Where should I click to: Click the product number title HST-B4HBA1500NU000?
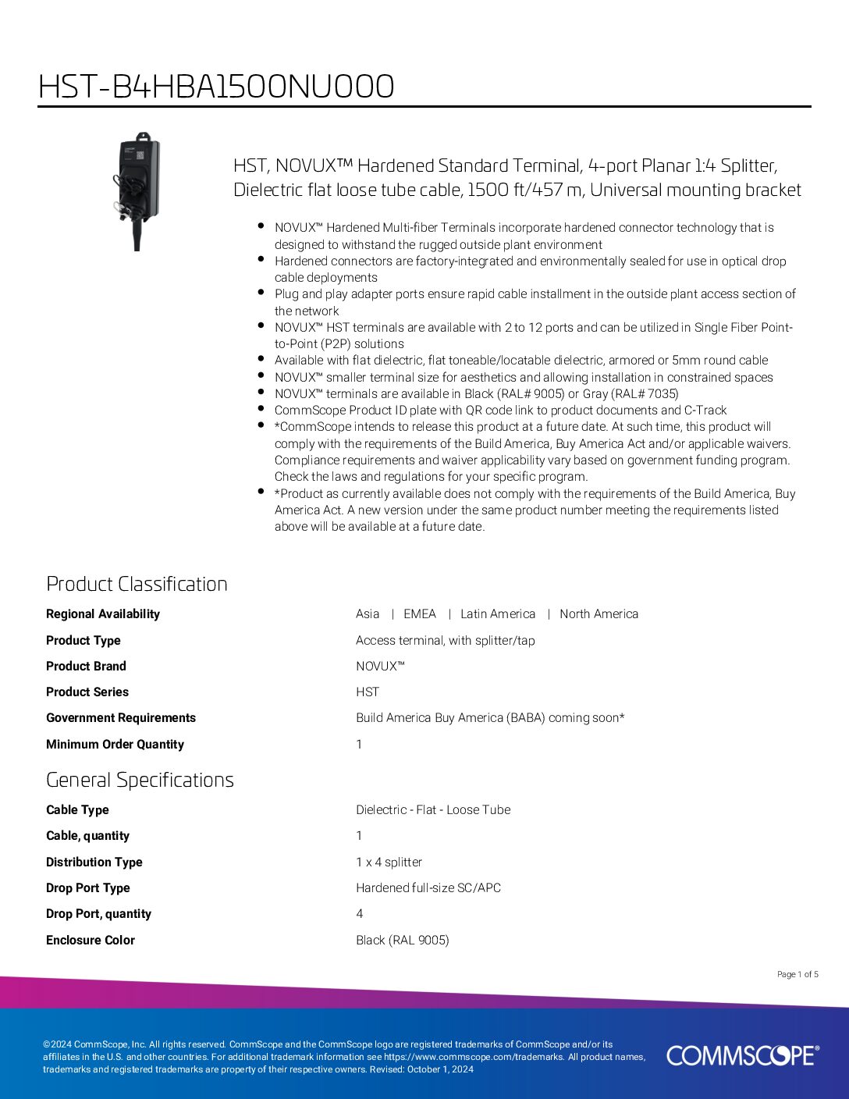point(216,87)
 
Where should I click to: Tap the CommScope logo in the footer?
point(742,1055)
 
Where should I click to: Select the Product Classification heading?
point(137,584)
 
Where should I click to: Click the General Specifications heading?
point(140,780)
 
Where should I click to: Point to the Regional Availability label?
point(103,614)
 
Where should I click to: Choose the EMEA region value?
point(420,614)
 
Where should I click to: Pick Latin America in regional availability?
point(498,614)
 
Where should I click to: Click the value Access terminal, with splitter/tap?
point(446,641)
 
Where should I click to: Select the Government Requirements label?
point(121,718)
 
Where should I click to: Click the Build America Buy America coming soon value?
point(490,718)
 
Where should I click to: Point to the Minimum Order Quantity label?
point(115,745)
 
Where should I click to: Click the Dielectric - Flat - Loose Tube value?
point(433,810)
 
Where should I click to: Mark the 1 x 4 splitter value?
point(389,862)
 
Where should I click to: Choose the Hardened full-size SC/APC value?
point(428,888)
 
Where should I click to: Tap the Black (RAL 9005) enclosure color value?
point(403,941)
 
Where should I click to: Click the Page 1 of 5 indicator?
point(797,974)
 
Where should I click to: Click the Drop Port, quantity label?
point(98,914)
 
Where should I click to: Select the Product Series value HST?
point(368,692)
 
